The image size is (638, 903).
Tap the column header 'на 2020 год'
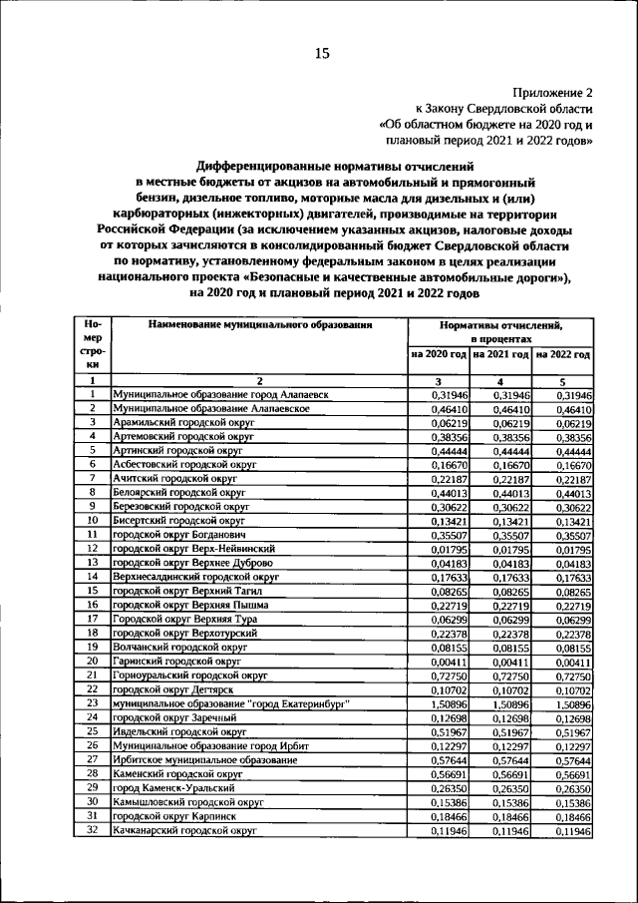click(x=439, y=354)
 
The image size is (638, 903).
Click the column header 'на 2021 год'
click(x=501, y=354)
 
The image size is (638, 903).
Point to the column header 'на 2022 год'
click(x=563, y=354)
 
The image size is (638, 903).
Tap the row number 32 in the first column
click(x=92, y=829)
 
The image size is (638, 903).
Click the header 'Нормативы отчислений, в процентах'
click(x=500, y=332)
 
